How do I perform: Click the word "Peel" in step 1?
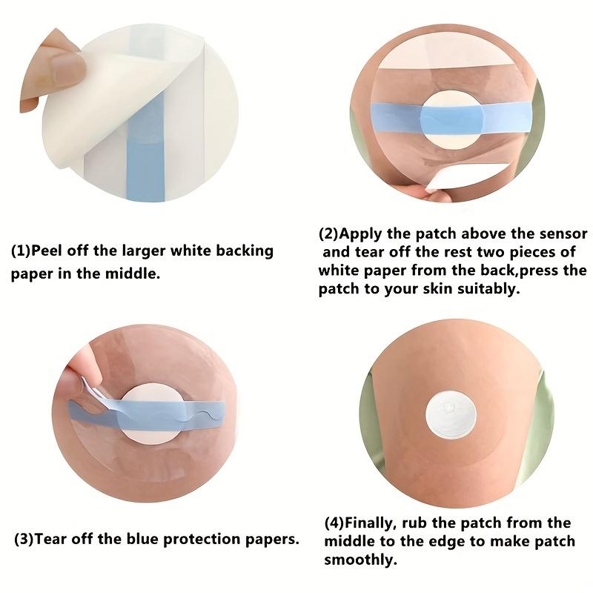pos(47,251)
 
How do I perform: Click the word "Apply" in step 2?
pos(361,234)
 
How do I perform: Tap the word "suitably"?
pos(483,289)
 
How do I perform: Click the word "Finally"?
pos(375,523)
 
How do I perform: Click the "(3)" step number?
pos(24,539)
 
